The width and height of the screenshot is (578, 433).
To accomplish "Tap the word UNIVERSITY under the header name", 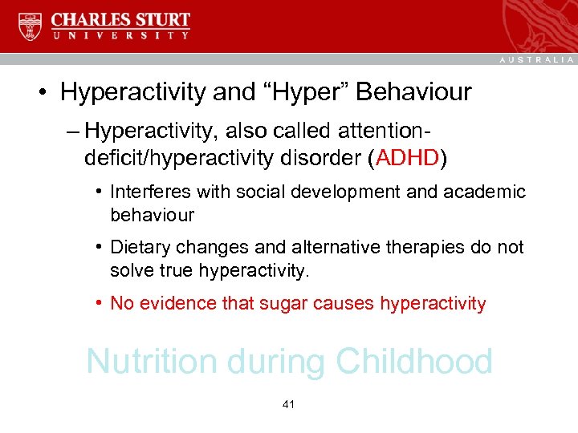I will coord(120,36).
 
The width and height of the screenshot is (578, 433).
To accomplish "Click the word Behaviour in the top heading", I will coord(413,92).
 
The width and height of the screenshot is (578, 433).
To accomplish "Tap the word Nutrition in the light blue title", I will coord(153,362).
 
